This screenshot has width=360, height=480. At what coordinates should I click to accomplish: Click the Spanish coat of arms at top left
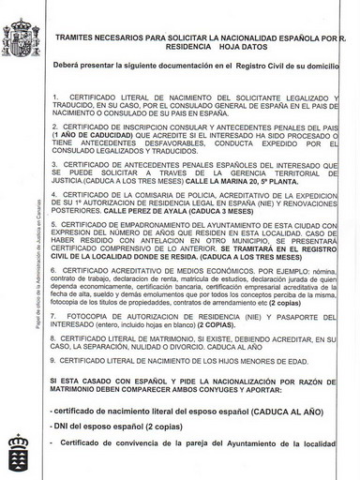pos(21,36)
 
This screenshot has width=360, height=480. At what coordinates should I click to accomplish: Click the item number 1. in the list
pos(57,97)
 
